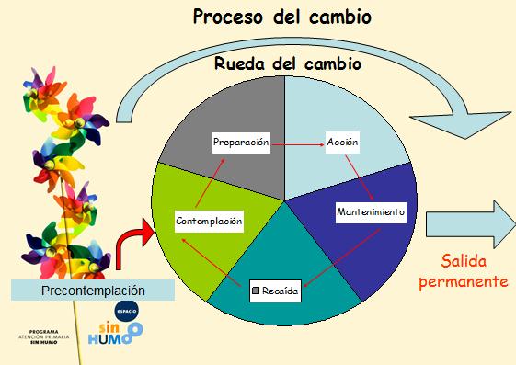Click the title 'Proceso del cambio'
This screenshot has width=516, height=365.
[x=283, y=18]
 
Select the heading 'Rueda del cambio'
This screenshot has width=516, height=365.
[x=287, y=64]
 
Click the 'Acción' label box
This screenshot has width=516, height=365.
[x=342, y=143]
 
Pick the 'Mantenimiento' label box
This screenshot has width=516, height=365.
[x=371, y=212]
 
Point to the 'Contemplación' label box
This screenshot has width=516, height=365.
[x=209, y=221]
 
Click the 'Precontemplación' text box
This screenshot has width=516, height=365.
[x=94, y=291]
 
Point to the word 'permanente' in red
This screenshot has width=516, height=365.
[x=464, y=281]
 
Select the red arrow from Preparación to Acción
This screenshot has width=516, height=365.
[x=298, y=144]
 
